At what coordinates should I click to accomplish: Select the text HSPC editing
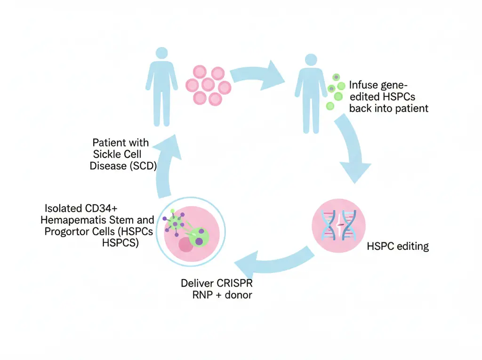397,246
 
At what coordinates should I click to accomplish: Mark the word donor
239,296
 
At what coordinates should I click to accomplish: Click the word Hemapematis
72,220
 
